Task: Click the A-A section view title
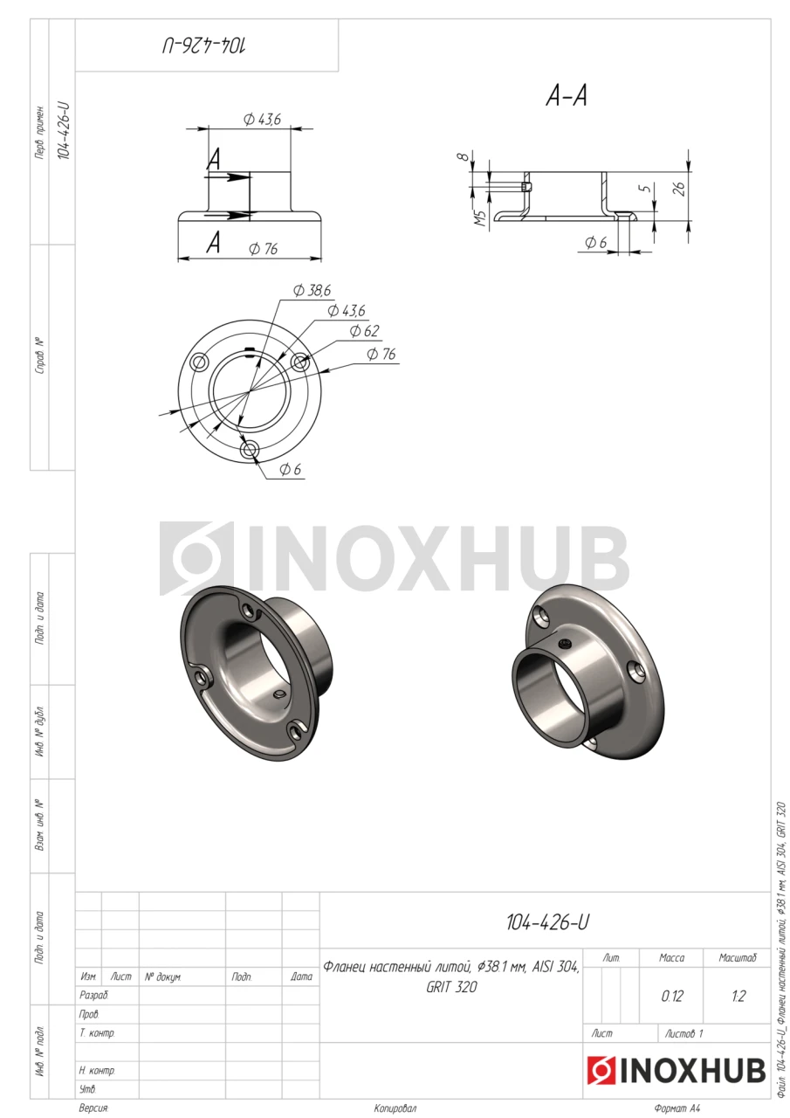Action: click(566, 95)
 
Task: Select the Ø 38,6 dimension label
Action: click(312, 291)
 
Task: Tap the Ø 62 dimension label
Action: click(364, 330)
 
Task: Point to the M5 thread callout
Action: click(480, 218)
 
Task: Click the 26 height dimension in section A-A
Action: click(679, 188)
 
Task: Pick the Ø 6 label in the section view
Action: click(595, 243)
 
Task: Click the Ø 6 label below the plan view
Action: click(291, 469)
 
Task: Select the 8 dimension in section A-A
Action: click(464, 156)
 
